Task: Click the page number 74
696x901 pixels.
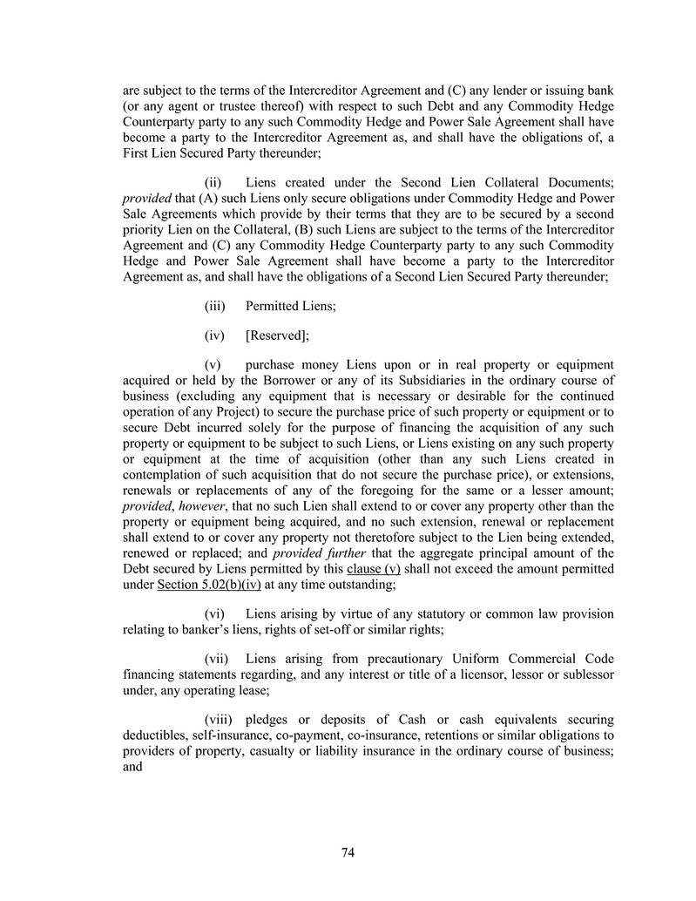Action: pyautogui.click(x=348, y=853)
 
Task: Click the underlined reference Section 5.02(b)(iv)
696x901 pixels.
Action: pyautogui.click(x=207, y=584)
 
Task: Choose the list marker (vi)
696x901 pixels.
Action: pyautogui.click(x=214, y=613)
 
